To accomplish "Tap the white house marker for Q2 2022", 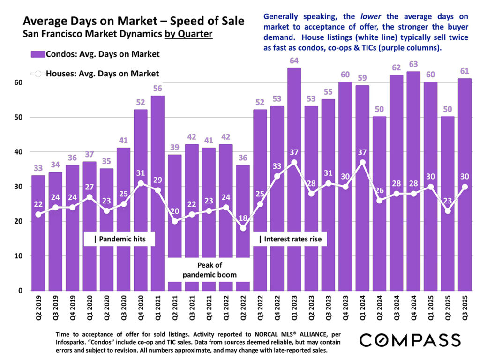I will [243, 228].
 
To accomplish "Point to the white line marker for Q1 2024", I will [362, 163].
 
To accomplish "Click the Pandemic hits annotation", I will [120, 239].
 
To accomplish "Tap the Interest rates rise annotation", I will [290, 239].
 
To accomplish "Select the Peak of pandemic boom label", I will [209, 270].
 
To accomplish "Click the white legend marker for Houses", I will [38, 74].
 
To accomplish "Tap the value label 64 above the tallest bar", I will [294, 60].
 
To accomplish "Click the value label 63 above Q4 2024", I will [413, 64].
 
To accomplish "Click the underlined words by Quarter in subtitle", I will [188, 34].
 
